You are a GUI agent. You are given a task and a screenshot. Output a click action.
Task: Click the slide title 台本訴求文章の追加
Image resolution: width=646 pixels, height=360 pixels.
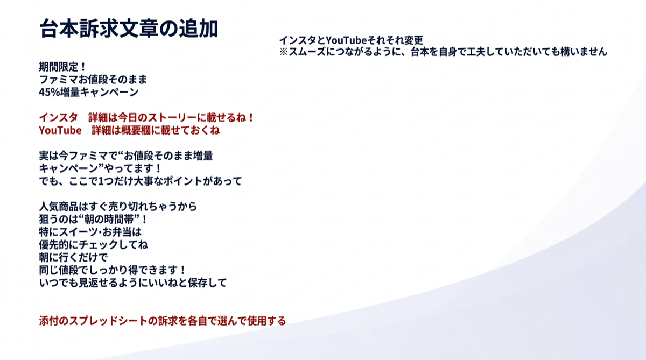pyautogui.click(x=129, y=29)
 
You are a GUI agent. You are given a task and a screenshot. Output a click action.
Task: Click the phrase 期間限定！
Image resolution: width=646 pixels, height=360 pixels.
pyautogui.click(x=62, y=67)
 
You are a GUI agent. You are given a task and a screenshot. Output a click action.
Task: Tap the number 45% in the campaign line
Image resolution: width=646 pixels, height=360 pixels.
pyautogui.click(x=50, y=92)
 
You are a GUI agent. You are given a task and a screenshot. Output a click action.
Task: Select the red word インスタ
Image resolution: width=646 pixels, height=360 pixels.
pyautogui.click(x=58, y=118)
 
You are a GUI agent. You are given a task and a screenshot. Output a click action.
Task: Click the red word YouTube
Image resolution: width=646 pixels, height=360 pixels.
pyautogui.click(x=60, y=130)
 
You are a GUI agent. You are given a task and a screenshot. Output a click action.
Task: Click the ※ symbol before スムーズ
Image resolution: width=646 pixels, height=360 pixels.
pyautogui.click(x=284, y=52)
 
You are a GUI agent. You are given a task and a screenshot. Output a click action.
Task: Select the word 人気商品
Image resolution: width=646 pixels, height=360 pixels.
pyautogui.click(x=59, y=207)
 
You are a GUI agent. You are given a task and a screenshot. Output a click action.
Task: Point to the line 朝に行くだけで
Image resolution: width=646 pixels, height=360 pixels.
pyautogui.click(x=73, y=257)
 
